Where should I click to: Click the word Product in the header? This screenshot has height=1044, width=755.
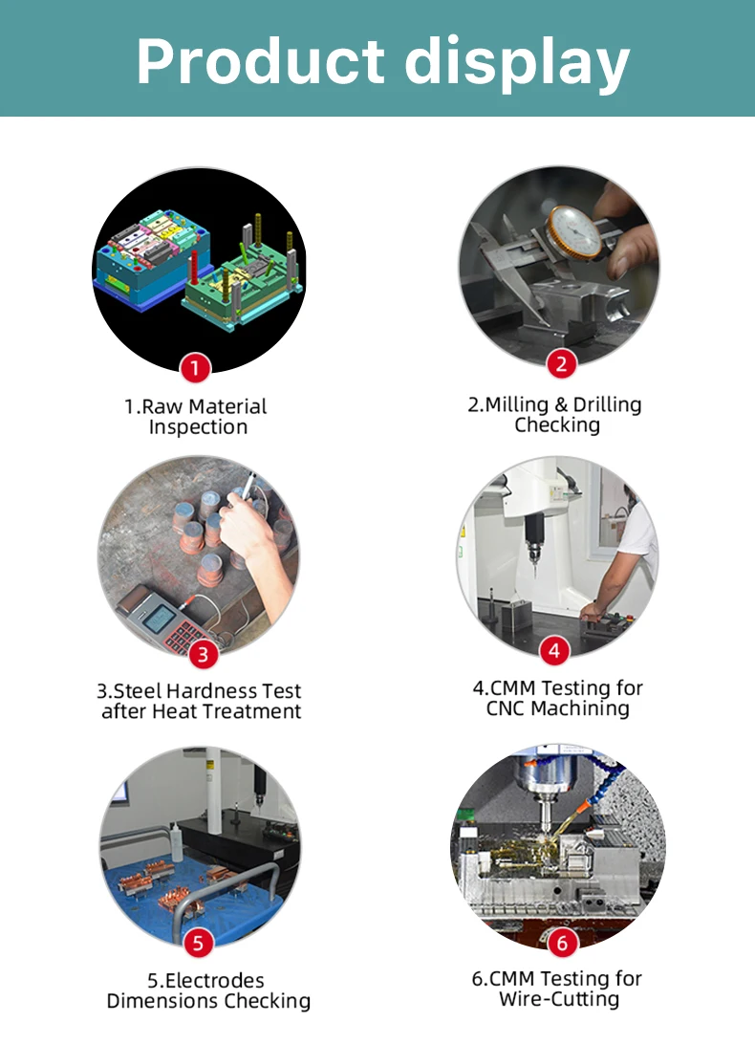(260, 60)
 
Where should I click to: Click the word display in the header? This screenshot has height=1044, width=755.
(517, 64)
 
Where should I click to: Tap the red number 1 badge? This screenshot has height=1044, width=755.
(195, 367)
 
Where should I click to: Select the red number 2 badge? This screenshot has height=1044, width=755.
(561, 363)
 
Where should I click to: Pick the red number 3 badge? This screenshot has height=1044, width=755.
(203, 654)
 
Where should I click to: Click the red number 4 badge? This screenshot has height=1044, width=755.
(554, 650)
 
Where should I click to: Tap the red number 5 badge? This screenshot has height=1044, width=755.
(199, 942)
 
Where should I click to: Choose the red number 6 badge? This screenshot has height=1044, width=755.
(563, 942)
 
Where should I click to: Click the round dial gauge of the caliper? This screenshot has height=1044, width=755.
(574, 231)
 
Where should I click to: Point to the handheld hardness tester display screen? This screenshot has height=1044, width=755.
(159, 619)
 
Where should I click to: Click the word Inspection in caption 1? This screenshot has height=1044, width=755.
(198, 426)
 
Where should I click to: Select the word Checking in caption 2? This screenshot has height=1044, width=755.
(557, 424)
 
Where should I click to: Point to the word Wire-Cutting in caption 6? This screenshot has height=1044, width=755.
(559, 999)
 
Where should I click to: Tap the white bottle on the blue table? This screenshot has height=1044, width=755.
(176, 841)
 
